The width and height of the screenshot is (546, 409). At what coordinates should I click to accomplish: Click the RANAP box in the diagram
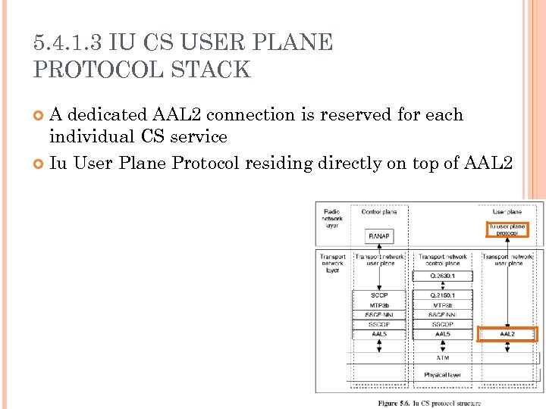click(379, 236)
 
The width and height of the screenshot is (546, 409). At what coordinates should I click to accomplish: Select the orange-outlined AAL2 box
click(507, 334)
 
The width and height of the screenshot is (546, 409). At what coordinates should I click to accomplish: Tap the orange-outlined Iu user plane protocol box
click(507, 229)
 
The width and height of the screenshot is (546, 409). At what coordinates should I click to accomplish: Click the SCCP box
click(379, 295)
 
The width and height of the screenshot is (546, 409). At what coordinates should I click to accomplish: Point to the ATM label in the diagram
click(442, 357)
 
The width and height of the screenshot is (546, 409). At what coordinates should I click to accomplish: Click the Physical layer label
click(442, 375)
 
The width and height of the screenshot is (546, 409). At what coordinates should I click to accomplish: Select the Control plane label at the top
click(379, 212)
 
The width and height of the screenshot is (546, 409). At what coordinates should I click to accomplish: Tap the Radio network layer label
click(332, 218)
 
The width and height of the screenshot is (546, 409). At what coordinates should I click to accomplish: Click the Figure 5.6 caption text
click(429, 404)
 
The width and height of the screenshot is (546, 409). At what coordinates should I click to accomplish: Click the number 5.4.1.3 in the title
click(67, 42)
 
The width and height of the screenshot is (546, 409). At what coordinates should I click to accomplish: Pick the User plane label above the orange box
click(507, 212)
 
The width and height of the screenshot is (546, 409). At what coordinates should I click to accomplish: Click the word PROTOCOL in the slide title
click(103, 70)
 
